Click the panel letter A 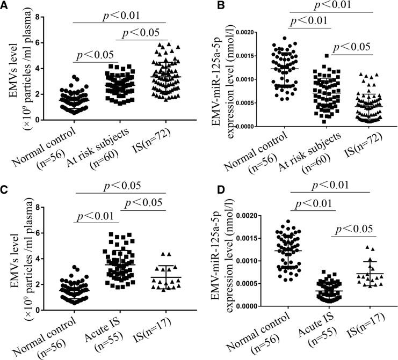[5, 6]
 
